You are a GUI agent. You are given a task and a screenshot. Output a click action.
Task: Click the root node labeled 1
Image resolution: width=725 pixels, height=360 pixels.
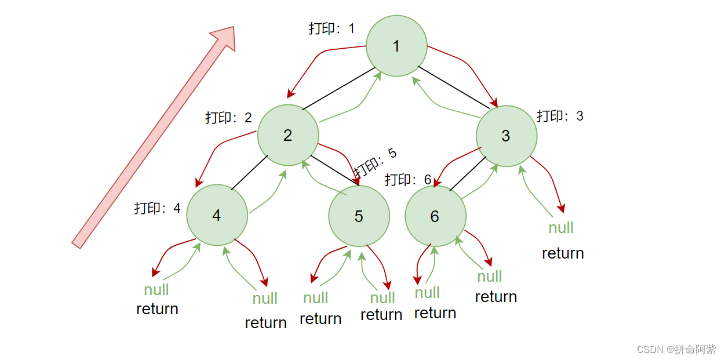click(396, 46)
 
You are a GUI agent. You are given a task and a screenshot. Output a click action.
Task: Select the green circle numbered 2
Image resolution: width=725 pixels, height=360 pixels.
click(288, 135)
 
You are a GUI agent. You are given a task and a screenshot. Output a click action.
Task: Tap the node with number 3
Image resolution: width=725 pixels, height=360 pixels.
click(506, 136)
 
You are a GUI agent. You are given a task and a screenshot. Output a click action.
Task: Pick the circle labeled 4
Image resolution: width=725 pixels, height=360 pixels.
click(217, 215)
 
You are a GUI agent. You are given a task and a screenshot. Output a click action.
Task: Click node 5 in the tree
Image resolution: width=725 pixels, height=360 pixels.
click(359, 216)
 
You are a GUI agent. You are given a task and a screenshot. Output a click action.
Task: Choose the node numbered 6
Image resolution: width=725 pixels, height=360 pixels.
click(435, 216)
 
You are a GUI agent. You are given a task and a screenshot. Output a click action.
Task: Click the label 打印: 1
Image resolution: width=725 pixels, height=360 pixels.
click(331, 28)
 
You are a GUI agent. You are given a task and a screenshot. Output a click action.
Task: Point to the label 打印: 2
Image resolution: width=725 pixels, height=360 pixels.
click(228, 118)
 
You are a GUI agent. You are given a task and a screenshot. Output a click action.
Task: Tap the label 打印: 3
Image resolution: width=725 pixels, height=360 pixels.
click(560, 116)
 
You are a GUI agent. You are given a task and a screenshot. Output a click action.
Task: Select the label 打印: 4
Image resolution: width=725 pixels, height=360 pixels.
click(158, 208)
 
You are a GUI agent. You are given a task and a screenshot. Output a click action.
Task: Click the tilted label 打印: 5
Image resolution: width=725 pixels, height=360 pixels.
click(376, 162)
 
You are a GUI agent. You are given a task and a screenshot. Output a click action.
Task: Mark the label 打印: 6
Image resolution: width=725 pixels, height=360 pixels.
click(408, 180)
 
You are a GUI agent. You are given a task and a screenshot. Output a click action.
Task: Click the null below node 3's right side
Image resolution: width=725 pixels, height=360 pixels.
click(561, 228)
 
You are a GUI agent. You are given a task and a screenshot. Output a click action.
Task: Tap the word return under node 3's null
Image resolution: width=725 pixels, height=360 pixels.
click(563, 253)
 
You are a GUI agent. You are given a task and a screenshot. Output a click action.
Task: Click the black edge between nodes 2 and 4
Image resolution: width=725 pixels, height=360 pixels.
click(250, 172)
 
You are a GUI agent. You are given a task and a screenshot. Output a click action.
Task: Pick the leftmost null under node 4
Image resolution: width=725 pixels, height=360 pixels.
click(156, 289)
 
